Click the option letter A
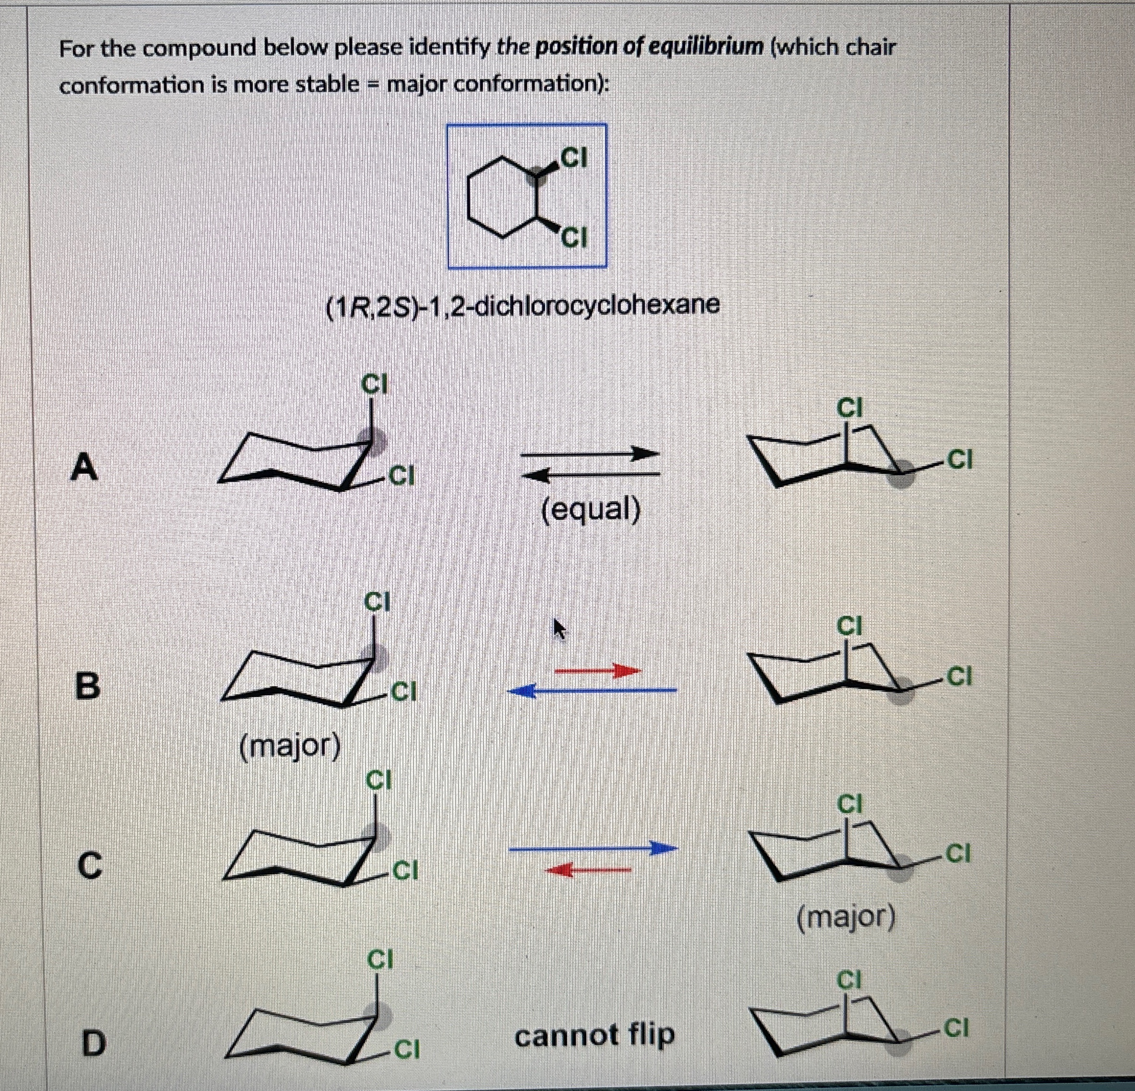[x=84, y=468]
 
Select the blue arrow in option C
[x=594, y=849]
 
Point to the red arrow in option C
[x=588, y=869]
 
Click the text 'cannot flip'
[x=595, y=1035]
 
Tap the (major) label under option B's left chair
[x=290, y=747]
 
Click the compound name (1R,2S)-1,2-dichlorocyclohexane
[x=523, y=305]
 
